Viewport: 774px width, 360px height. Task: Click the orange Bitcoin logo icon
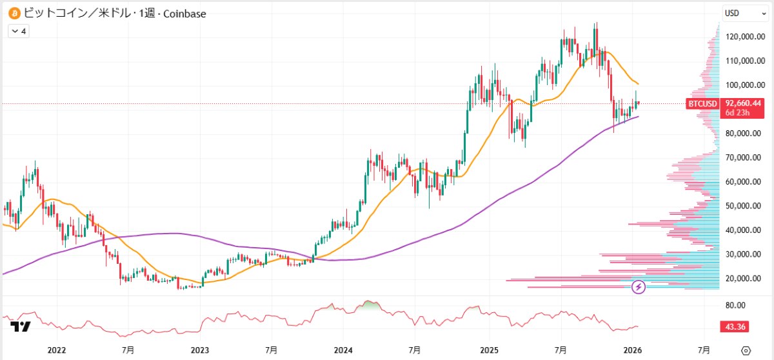[13, 13]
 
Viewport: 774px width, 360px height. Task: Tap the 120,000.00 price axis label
[739, 37]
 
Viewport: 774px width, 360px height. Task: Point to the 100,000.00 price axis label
[739, 85]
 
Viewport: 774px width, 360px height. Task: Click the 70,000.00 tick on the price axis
[740, 157]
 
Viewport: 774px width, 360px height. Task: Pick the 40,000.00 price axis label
[740, 230]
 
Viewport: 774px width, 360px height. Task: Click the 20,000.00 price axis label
[740, 279]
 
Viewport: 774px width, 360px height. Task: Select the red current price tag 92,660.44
[744, 103]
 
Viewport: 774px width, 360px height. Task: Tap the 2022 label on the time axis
[57, 350]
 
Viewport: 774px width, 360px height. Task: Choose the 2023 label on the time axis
[200, 350]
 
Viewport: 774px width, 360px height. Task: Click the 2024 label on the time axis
[344, 350]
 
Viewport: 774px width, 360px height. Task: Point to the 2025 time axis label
[488, 350]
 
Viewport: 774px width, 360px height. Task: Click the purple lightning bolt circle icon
[639, 287]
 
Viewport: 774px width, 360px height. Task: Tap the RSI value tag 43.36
[735, 327]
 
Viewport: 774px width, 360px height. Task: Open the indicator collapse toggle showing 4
[18, 30]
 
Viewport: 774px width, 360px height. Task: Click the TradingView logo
[21, 327]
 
